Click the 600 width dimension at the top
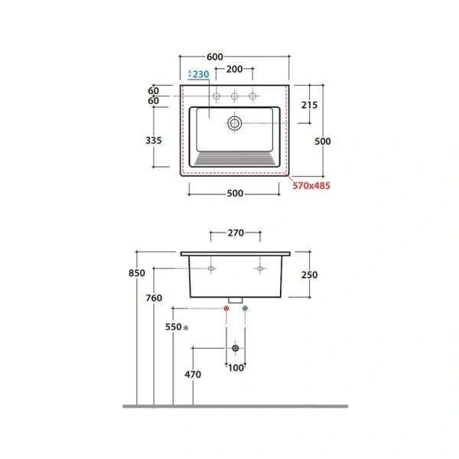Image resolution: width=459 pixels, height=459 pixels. pos(215,57)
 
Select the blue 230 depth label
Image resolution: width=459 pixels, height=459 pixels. pos(200,74)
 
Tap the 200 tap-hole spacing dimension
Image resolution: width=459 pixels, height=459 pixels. pos(235,69)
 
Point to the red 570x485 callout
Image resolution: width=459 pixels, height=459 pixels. pos(311,186)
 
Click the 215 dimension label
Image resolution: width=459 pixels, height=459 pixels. pos(309,105)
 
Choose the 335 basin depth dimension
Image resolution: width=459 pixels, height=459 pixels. pos(154,141)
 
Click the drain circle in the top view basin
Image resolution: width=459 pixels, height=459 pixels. pos(235,123)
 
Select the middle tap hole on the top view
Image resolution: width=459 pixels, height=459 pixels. pos(235,96)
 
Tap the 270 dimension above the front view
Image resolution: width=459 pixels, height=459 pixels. pos(236,233)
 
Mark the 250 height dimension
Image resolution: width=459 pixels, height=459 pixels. pos(309,275)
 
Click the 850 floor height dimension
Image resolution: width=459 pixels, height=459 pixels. pos(137,273)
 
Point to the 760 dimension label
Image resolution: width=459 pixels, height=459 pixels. pos(154,298)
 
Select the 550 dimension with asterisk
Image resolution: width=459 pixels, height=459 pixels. pos(177,327)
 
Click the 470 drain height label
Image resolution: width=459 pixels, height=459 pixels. pos(193,374)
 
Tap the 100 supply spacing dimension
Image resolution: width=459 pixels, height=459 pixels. pos(236,368)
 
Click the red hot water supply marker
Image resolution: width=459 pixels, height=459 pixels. pos(226,308)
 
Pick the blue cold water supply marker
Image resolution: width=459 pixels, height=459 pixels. pos(245,308)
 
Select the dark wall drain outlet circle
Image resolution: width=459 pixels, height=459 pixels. pos(236,348)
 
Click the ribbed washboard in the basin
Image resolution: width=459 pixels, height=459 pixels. pos(235,158)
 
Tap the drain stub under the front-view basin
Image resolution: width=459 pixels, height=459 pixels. pos(236,300)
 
